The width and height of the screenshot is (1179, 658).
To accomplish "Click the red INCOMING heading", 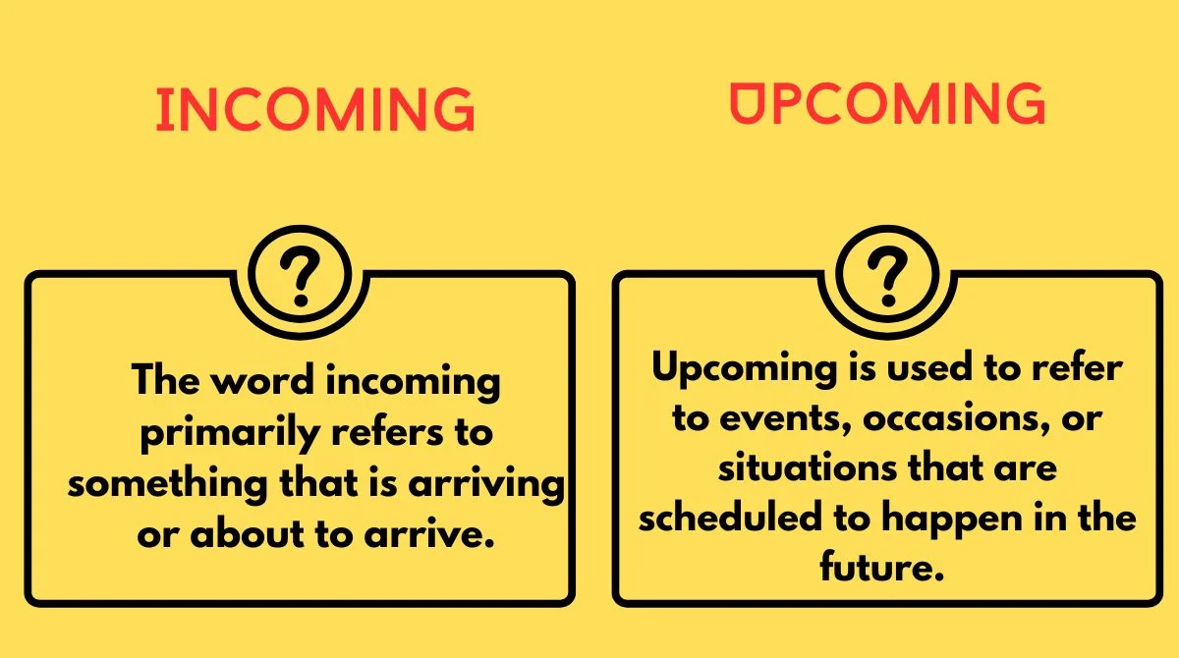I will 315,110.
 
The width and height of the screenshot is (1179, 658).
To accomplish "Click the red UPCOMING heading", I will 887,103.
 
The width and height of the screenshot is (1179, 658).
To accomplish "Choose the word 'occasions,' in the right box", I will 926,419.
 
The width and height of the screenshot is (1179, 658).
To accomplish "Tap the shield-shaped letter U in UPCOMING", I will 747,103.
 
